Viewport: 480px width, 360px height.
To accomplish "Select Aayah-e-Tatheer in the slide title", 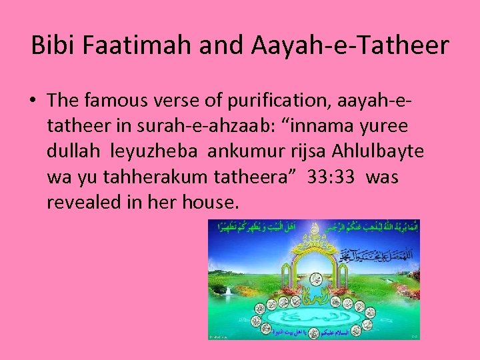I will [x=351, y=45].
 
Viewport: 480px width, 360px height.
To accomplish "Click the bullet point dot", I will [x=33, y=101].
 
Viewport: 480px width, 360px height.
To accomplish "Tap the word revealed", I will [x=84, y=202].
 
